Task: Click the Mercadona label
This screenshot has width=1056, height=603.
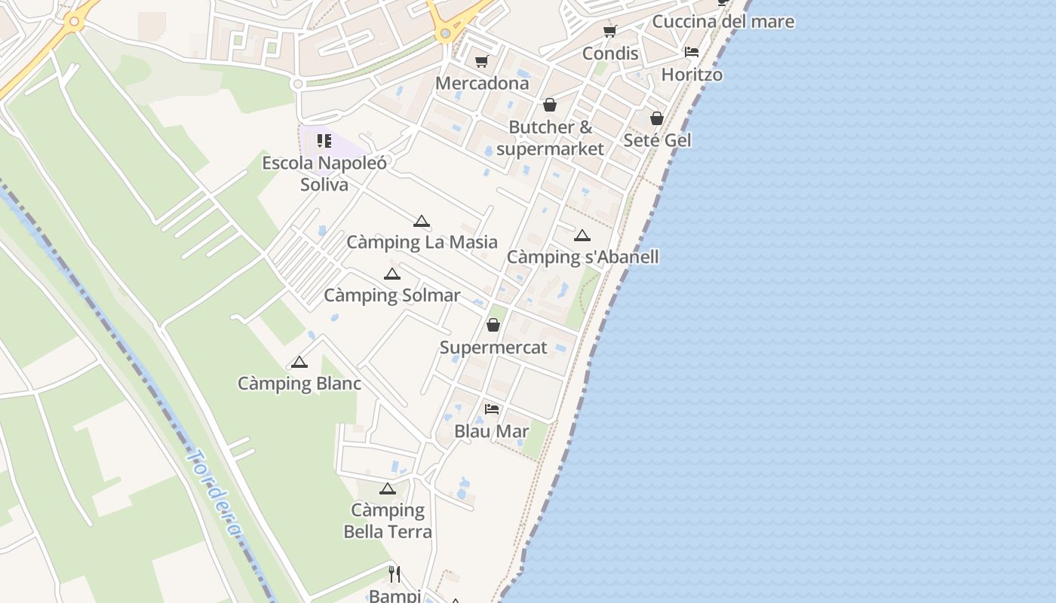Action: [x=482, y=83]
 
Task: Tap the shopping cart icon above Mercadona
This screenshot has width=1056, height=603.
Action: [x=482, y=62]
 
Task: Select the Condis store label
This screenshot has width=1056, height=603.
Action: [x=610, y=54]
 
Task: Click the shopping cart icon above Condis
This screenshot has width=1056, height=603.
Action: [x=610, y=32]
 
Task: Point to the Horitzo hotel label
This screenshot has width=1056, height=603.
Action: [x=692, y=75]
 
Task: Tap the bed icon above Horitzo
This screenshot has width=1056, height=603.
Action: [x=691, y=52]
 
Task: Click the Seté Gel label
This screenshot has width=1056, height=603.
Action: [x=657, y=140]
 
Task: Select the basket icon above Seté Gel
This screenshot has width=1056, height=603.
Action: [x=657, y=118]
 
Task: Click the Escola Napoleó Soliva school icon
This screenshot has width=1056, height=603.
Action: [x=324, y=141]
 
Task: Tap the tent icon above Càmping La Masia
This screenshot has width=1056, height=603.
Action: [x=422, y=221]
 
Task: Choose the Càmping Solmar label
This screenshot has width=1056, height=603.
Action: [x=391, y=295]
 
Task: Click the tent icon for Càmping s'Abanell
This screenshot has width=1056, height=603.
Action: [x=582, y=236]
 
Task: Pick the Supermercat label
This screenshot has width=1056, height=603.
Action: [x=493, y=347]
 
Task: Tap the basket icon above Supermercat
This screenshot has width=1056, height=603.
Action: [x=493, y=325]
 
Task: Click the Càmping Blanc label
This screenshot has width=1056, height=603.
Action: [x=299, y=384]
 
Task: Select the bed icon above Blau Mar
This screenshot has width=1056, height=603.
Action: [x=492, y=409]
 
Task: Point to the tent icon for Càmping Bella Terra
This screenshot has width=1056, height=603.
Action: [x=388, y=489]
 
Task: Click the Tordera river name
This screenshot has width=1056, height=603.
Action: [x=216, y=494]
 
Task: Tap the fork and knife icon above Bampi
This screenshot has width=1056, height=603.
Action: [x=394, y=574]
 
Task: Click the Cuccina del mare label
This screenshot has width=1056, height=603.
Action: [x=723, y=21]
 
